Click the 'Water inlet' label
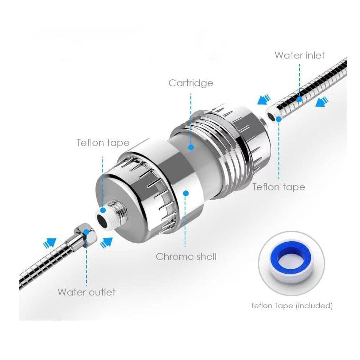pyautogui.click(x=299, y=55)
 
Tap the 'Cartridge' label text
pyautogui.click(x=190, y=83)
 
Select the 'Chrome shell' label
pyautogui.click(x=186, y=256)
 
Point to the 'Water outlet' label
pyautogui.click(x=86, y=292)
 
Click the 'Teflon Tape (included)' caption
pyautogui.click(x=291, y=306)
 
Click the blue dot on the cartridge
pyautogui.click(x=191, y=147)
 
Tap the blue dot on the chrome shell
pyautogui.click(x=186, y=193)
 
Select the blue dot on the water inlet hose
pyautogui.click(x=299, y=100)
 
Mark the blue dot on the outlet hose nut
pyautogui.click(x=86, y=232)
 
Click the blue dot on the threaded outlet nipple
pyautogui.click(x=103, y=210)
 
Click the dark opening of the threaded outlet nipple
pyautogui.click(x=102, y=219)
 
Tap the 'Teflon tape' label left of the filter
pyautogui.click(x=103, y=143)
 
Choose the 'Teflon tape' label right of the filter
pyautogui.click(x=279, y=187)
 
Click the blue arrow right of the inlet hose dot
pyautogui.click(x=322, y=102)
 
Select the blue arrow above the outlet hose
pyautogui.click(x=50, y=243)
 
